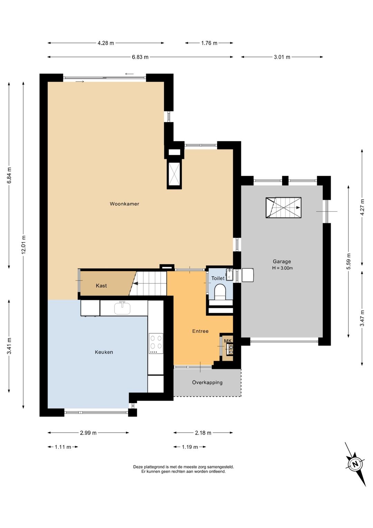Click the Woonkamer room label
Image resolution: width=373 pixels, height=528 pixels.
tap(124, 204)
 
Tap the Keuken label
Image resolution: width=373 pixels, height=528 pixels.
tap(104, 352)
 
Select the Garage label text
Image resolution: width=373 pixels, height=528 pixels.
tap(282, 262)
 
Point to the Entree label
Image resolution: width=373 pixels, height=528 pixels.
tap(200, 331)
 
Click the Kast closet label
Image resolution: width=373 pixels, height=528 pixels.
tap(101, 286)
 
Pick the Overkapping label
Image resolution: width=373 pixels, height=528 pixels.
tap(207, 382)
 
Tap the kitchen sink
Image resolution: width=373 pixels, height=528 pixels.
tap(122, 308)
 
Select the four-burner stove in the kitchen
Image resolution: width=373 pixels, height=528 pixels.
tap(156, 343)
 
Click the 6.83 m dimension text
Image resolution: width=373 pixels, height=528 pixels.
tap(140, 57)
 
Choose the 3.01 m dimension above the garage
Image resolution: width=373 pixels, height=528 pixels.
tap(282, 57)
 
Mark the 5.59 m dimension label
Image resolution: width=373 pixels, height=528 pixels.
tap(348, 262)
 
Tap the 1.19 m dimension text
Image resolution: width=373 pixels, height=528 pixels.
tap(190, 447)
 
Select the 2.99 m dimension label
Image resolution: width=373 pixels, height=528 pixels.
tap(88, 433)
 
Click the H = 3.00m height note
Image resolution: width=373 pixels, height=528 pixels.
tap(283, 268)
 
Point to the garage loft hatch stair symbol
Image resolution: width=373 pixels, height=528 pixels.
tap(284, 208)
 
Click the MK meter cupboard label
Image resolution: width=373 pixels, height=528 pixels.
tap(228, 341)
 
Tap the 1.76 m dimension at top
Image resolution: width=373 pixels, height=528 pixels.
tap(209, 43)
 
